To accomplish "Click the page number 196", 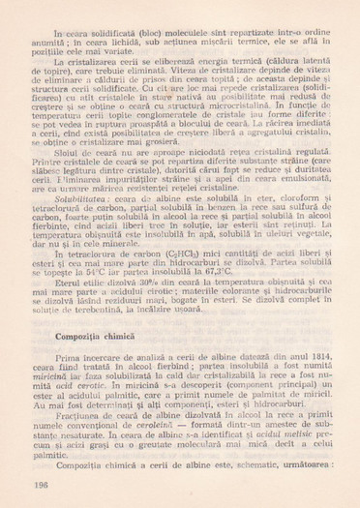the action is click(41, 483).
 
